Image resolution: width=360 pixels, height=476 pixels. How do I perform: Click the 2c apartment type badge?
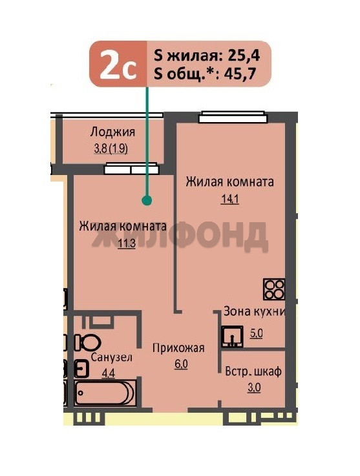pos(118,64)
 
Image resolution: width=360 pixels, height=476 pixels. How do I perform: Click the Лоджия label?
pos(112,132)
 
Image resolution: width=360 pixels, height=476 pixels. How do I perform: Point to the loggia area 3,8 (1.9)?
pos(111,149)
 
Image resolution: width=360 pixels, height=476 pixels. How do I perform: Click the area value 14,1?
pos(230,199)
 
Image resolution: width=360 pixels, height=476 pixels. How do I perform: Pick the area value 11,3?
pos(127,243)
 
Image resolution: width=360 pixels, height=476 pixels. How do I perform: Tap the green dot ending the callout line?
pos(147,200)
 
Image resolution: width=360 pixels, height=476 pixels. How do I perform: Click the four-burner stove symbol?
pos(274,289)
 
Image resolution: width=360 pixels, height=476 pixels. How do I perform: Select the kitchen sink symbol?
pos(232,336)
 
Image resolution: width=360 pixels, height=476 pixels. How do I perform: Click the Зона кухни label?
pos(254,312)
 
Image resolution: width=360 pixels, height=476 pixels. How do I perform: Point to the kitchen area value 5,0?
pos(256,333)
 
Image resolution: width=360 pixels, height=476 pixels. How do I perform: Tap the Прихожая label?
pos(178,348)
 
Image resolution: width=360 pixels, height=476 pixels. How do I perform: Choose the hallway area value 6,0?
pos(181,364)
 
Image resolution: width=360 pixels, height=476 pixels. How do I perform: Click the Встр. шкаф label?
pos(253,371)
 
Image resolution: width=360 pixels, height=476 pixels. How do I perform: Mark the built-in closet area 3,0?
pos(254,388)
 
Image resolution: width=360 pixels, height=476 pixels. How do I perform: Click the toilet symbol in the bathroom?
pos(88,342)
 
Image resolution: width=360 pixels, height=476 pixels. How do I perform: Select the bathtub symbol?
pos(105,393)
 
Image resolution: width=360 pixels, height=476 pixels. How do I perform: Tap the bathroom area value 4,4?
pos(108,373)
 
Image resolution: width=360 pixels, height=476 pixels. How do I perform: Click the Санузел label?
pos(112,358)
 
